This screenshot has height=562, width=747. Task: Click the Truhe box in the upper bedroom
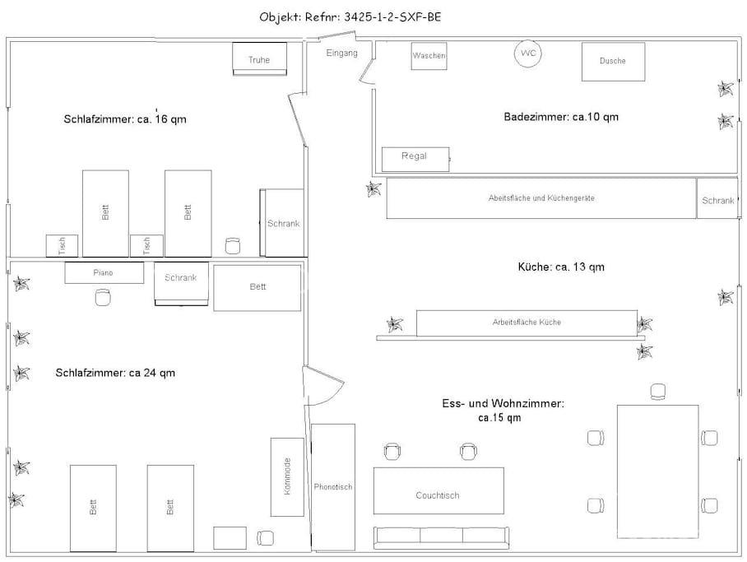point(259,58)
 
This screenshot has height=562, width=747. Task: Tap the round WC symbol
point(528,54)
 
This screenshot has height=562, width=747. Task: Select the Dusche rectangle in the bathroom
point(613,62)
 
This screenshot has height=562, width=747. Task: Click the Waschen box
point(429,56)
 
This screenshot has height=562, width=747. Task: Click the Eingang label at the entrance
point(341,53)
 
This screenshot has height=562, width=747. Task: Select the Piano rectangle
point(104,272)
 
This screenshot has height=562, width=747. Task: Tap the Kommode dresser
point(287,476)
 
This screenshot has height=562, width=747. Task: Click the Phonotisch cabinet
point(333,486)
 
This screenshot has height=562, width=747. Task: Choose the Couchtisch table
point(438,495)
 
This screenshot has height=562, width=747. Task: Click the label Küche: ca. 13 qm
point(561,267)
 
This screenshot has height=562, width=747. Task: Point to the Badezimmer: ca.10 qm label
point(561,117)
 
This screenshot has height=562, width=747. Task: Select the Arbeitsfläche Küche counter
point(527,323)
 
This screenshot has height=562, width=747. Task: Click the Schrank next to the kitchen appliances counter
point(717,198)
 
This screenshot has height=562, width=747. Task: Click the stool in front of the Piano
point(102,299)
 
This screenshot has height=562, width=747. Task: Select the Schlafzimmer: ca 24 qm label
point(115,373)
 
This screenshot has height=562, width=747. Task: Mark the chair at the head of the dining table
point(658,392)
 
